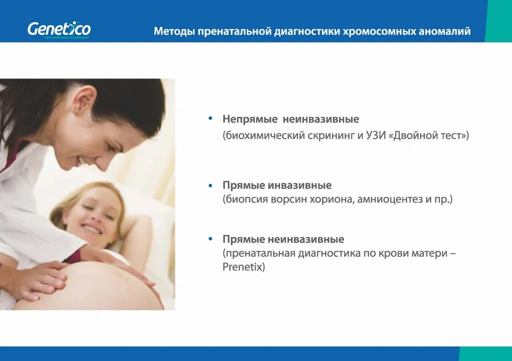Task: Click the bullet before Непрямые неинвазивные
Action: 210,119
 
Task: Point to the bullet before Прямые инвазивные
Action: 210,186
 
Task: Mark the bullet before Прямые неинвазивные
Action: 210,240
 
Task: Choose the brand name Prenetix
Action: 242,267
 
